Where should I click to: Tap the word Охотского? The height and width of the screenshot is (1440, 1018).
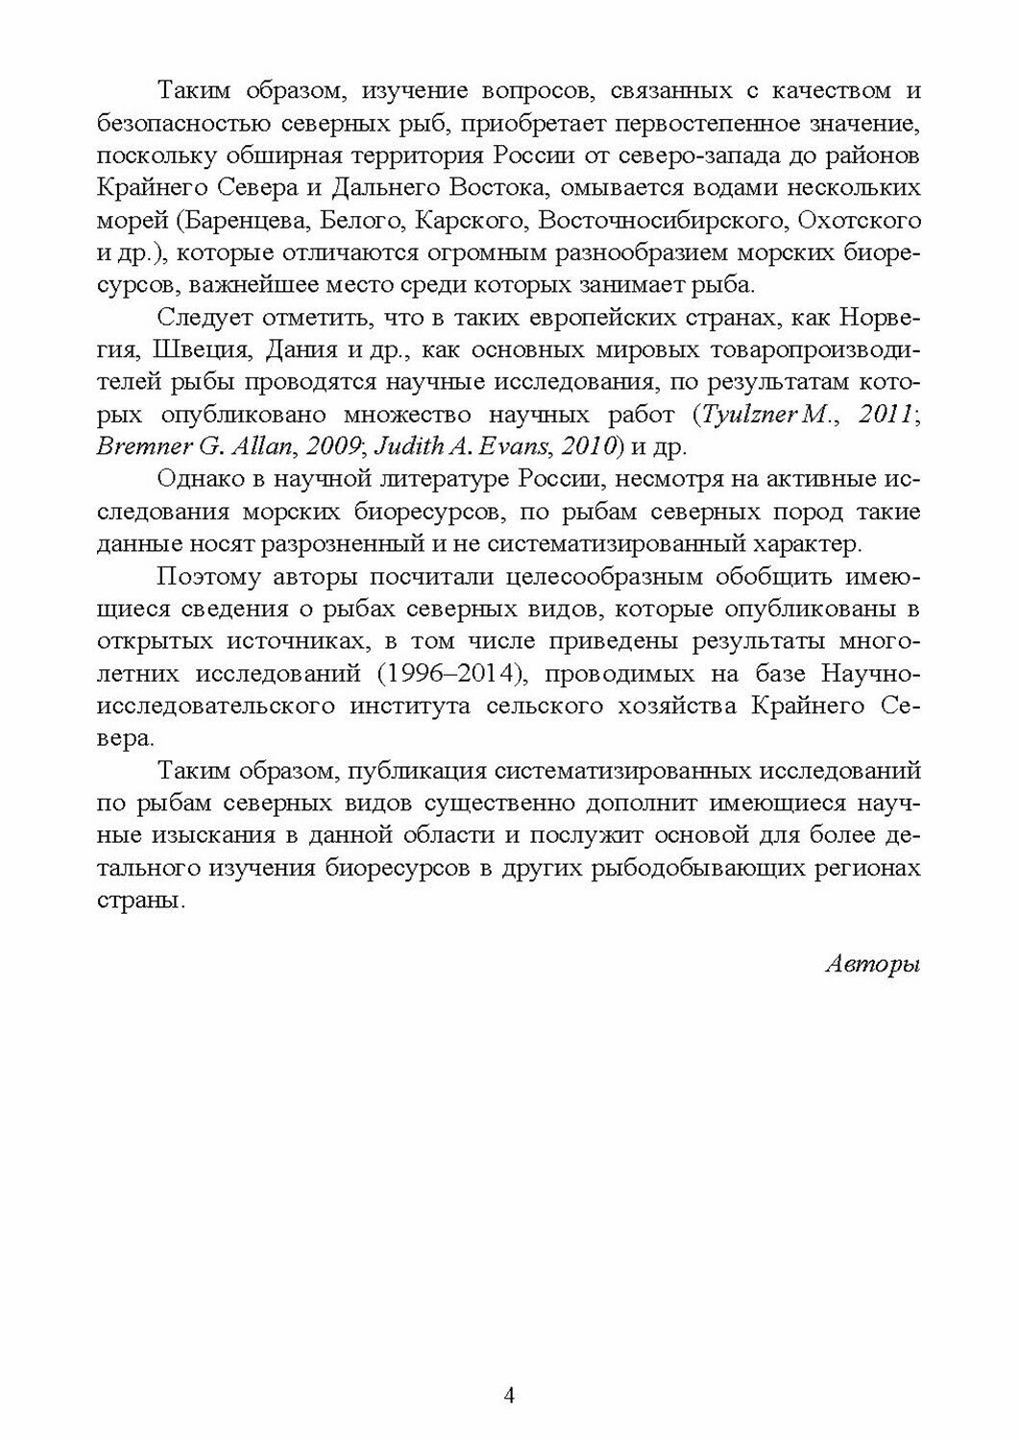[x=860, y=221]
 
